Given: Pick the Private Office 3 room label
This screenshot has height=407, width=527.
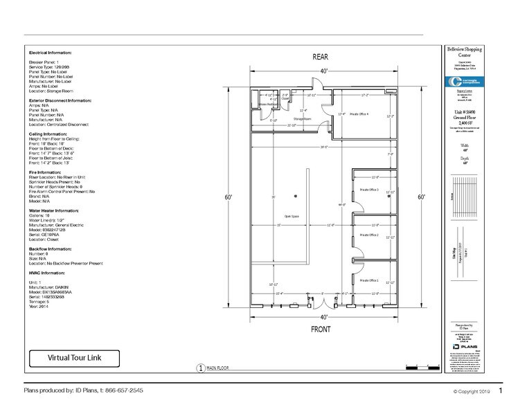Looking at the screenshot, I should (368, 189).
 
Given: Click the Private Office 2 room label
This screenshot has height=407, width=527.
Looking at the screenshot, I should (368, 235).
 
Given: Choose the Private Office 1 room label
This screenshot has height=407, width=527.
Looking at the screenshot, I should (368, 280).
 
